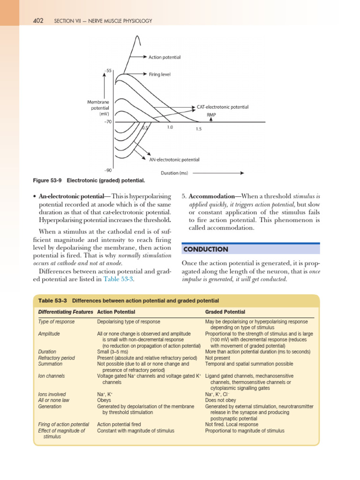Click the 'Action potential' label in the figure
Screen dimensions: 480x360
tap(164, 57)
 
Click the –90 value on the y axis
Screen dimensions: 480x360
tap(107, 171)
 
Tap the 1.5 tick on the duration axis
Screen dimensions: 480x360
tap(199, 130)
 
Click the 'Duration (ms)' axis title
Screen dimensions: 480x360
tap(174, 173)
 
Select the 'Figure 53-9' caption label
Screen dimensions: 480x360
tap(48, 180)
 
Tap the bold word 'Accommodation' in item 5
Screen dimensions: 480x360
tap(211, 196)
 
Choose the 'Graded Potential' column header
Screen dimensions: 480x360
tap(225, 312)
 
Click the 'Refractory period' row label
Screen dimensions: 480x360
tap(57, 358)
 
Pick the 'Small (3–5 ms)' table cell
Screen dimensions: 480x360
tap(112, 352)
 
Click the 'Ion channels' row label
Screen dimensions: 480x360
tap(52, 376)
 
